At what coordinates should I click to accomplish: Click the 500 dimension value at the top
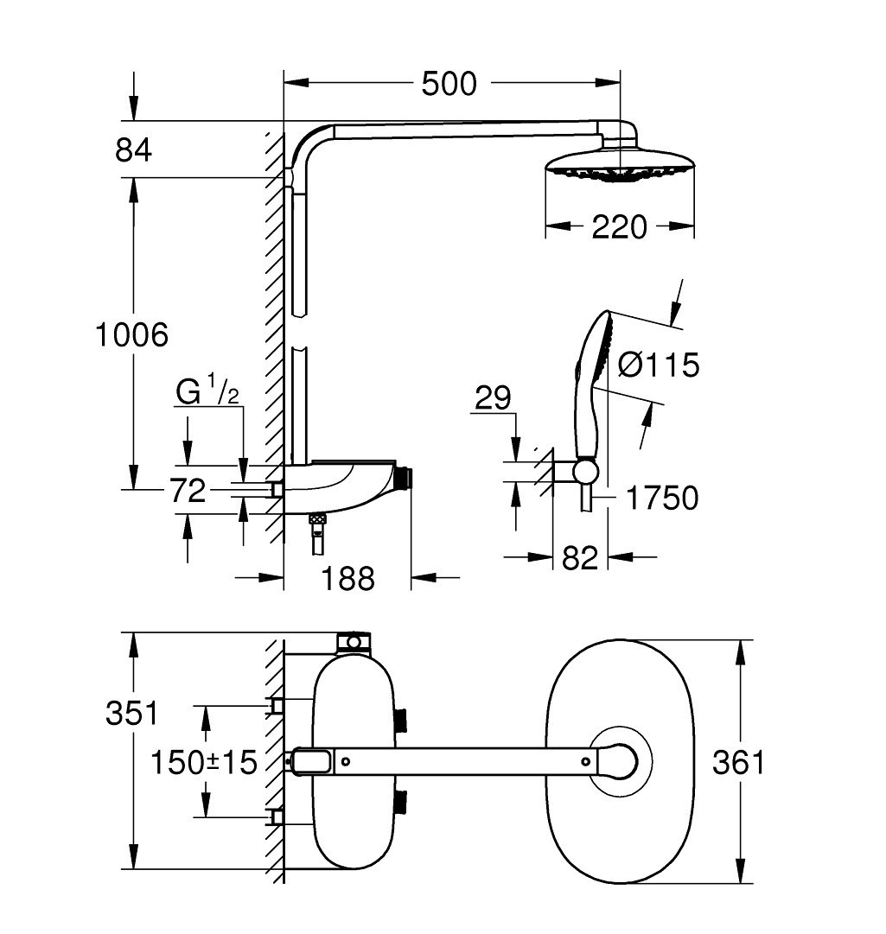[x=449, y=84]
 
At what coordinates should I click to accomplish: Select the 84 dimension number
[x=133, y=149]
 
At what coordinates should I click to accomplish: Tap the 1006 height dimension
[x=131, y=334]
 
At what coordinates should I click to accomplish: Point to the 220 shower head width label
[x=619, y=226]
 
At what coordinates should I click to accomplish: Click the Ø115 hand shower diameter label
[x=659, y=365]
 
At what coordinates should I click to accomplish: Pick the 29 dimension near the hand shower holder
[x=494, y=398]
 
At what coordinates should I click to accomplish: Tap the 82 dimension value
[x=580, y=558]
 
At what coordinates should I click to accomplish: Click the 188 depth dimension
[x=348, y=578]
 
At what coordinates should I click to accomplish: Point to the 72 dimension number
[x=188, y=491]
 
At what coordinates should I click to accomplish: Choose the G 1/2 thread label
[x=207, y=391]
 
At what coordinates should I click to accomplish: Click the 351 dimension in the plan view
[x=131, y=714]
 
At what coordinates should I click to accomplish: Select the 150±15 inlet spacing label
[x=204, y=762]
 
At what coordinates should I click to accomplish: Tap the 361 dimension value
[x=738, y=762]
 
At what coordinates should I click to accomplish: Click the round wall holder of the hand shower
[x=585, y=471]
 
